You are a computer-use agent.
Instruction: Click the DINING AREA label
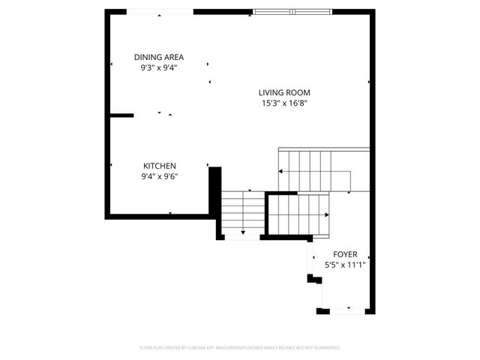click(159, 57)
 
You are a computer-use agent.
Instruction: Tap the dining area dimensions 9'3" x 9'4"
click(159, 67)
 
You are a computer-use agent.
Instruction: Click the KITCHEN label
click(160, 166)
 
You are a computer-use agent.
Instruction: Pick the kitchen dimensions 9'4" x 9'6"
click(160, 177)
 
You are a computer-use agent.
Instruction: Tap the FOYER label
click(345, 254)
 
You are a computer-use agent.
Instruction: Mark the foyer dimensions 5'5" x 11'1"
click(345, 265)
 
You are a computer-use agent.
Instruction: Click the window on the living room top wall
click(292, 11)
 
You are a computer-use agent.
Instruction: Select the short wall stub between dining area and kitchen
click(121, 115)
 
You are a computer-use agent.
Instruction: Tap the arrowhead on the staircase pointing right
click(328, 215)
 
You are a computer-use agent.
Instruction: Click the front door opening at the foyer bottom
click(346, 310)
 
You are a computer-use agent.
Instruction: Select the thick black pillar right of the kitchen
click(214, 190)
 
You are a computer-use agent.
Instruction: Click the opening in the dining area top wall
click(160, 11)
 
